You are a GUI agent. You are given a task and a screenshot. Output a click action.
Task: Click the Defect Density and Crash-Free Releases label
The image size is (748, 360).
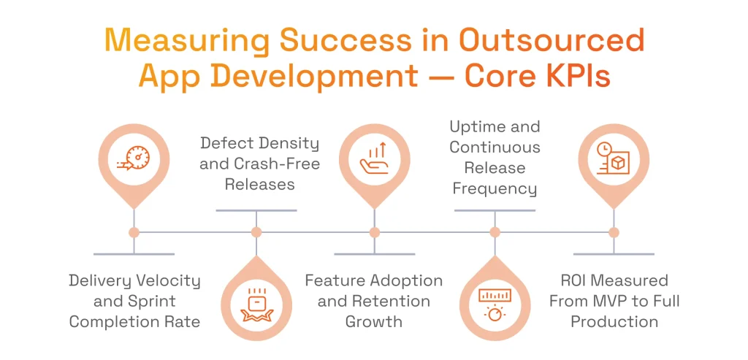pyautogui.click(x=259, y=164)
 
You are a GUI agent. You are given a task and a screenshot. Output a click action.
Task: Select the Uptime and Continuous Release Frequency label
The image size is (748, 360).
pyautogui.click(x=495, y=158)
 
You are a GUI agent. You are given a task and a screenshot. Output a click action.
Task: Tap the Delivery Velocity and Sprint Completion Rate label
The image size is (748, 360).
pyautogui.click(x=134, y=301)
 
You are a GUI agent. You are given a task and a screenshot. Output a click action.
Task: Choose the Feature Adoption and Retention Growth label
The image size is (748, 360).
pyautogui.click(x=374, y=301)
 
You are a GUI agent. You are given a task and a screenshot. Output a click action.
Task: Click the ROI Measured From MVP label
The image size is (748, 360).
pyautogui.click(x=614, y=301)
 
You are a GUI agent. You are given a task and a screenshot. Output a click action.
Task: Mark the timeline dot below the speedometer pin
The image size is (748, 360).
pyautogui.click(x=134, y=232)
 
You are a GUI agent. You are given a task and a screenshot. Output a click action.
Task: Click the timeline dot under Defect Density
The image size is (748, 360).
pyautogui.click(x=256, y=232)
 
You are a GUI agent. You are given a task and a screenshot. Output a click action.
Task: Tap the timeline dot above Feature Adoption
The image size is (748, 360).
pyautogui.click(x=375, y=232)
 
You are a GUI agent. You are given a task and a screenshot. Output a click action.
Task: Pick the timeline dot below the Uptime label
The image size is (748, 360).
pyautogui.click(x=495, y=232)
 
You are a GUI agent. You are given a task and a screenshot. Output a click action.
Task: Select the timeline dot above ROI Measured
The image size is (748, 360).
pyautogui.click(x=614, y=232)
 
